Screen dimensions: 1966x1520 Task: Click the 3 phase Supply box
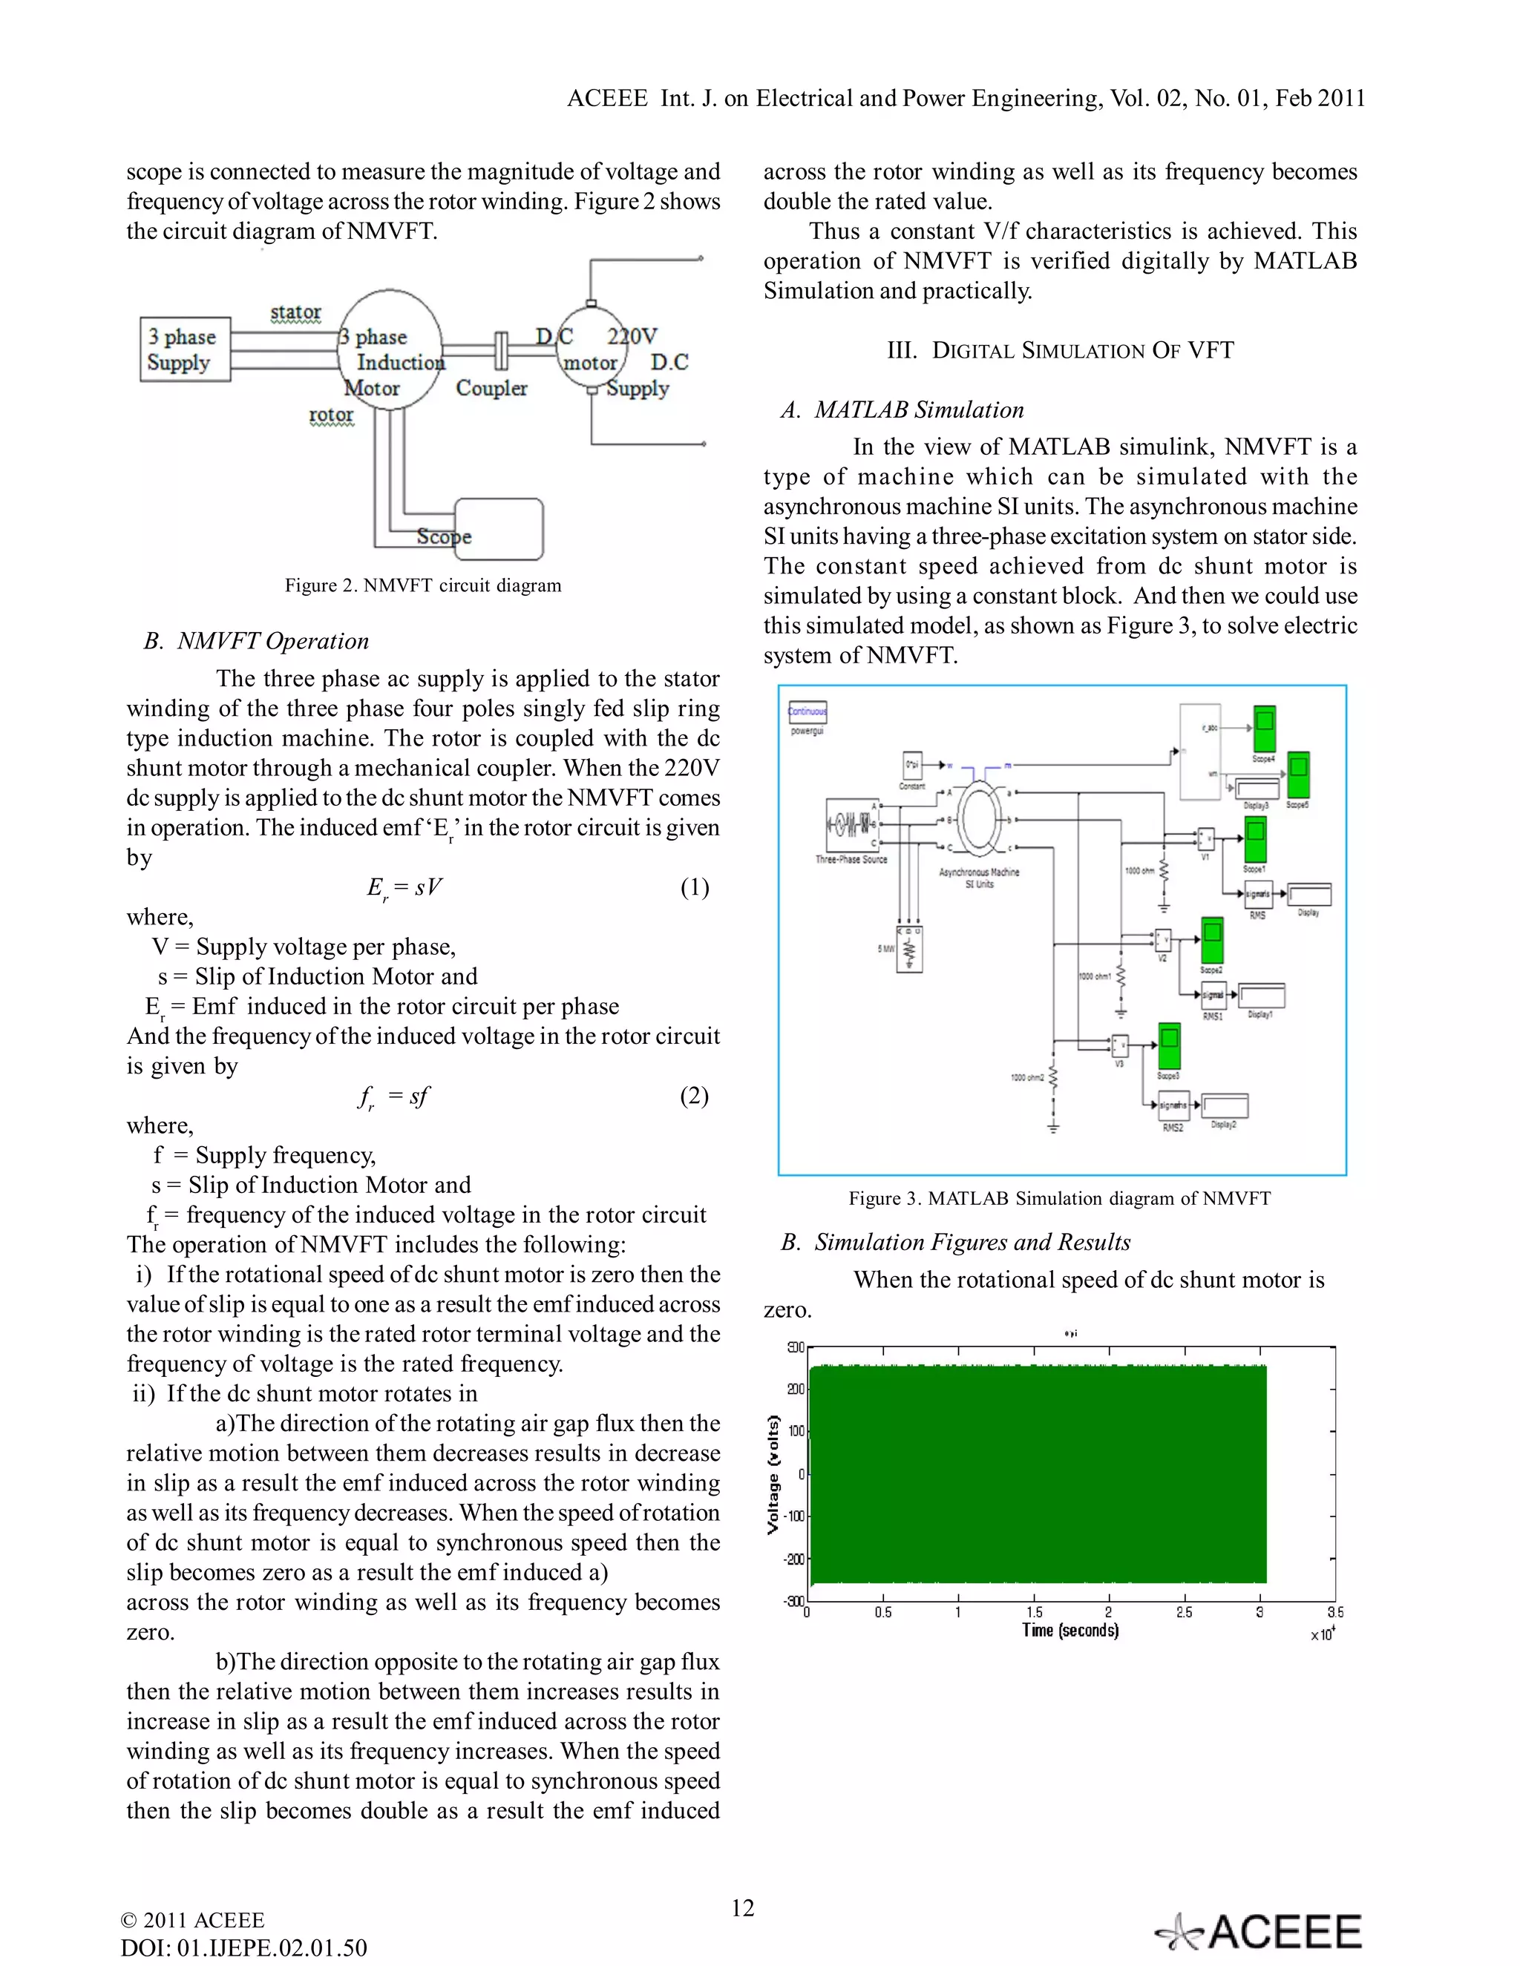[x=185, y=349]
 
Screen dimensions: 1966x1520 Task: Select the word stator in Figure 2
[x=295, y=312]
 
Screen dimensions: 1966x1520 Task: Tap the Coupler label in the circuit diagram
[x=491, y=388]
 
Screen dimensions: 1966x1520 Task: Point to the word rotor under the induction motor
[x=330, y=414]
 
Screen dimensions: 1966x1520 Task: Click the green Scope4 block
[x=1264, y=729]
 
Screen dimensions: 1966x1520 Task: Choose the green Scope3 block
[x=1169, y=1047]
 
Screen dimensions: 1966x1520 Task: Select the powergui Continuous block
[x=807, y=712]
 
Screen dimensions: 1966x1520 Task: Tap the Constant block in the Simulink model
[x=912, y=765]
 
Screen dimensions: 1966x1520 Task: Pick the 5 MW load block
[x=909, y=949]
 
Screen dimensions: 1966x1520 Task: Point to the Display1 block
[x=1262, y=995]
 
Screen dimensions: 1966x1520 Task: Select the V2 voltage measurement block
[x=1162, y=940]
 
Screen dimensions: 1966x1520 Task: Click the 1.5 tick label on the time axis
[x=1034, y=1612]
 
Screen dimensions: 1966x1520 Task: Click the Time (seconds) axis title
[x=1069, y=1630]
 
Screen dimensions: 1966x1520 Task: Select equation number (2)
[x=693, y=1096]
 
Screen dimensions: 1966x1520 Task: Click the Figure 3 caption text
[x=1059, y=1198]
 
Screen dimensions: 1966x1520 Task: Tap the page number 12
[x=742, y=1907]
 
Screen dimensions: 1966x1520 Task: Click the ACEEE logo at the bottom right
[x=1259, y=1932]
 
